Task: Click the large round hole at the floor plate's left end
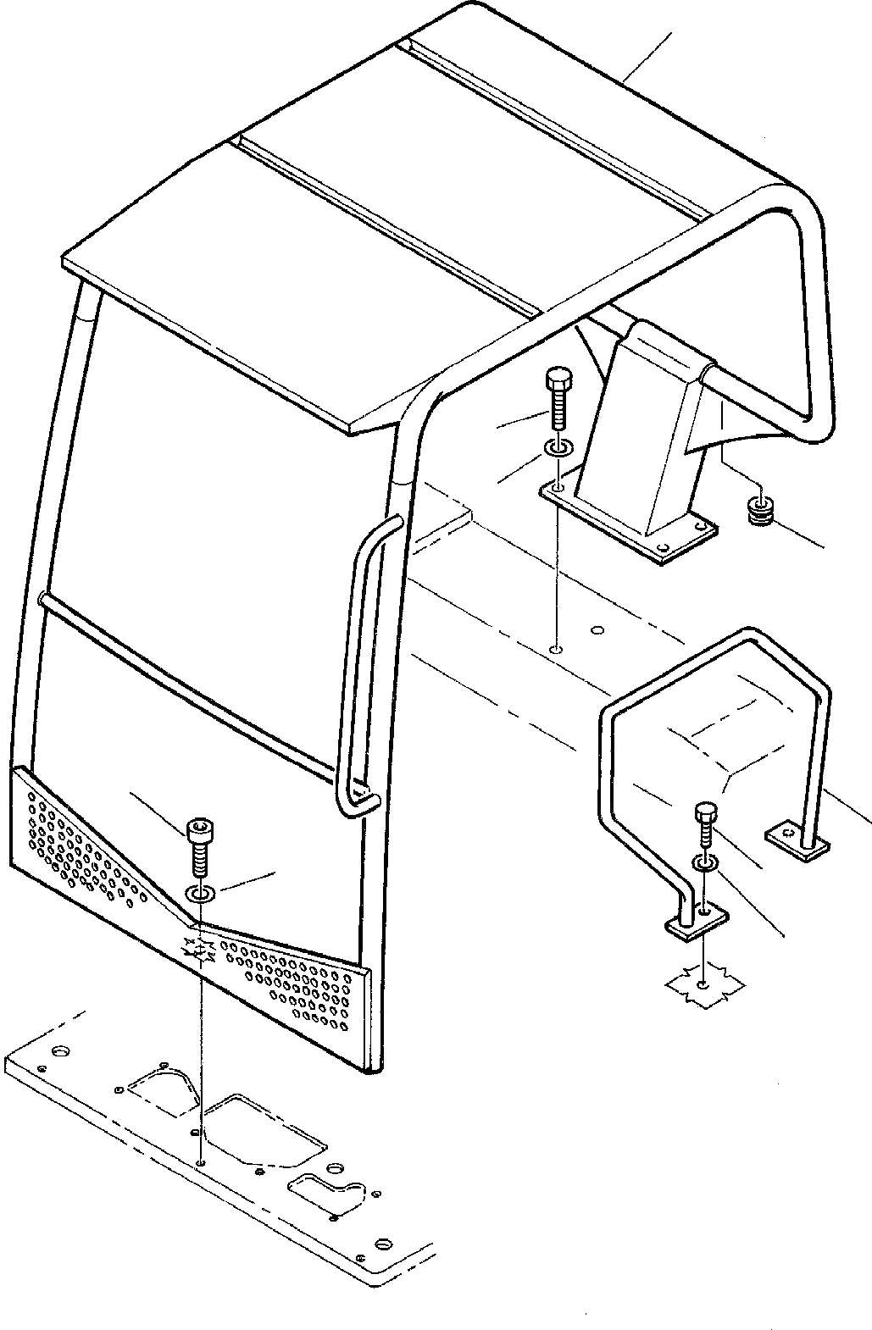(59, 1053)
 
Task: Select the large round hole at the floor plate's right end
(382, 1244)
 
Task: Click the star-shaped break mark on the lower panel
(202, 953)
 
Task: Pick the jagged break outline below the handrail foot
(705, 985)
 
